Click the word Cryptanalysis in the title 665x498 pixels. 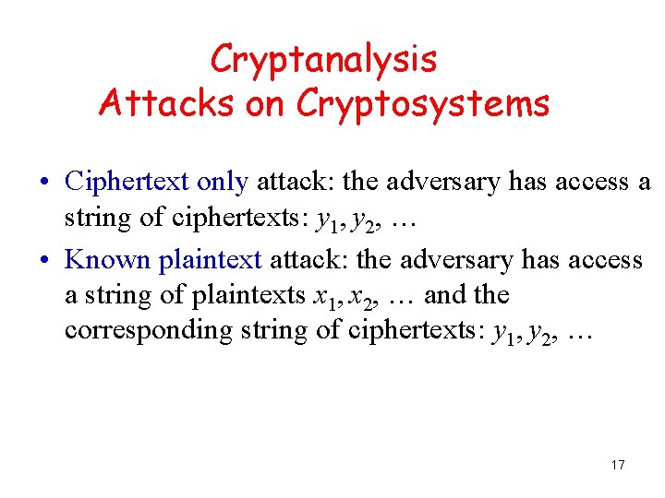[x=323, y=60]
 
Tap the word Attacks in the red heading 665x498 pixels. [x=165, y=103]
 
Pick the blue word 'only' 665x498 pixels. [x=223, y=183]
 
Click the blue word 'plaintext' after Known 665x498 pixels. [x=211, y=261]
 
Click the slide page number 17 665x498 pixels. [x=617, y=465]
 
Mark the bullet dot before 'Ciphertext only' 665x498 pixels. [x=45, y=183]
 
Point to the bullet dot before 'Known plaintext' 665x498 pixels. [x=45, y=260]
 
